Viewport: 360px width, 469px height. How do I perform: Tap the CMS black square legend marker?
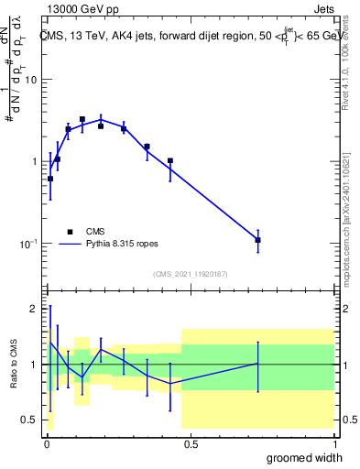(x=70, y=232)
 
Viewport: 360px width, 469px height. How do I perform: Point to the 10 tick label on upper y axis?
(x=30, y=80)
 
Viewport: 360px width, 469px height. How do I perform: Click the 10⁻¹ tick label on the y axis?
(x=28, y=244)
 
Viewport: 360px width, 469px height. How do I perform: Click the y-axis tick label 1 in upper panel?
(x=35, y=162)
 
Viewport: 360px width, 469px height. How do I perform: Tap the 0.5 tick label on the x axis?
(x=191, y=442)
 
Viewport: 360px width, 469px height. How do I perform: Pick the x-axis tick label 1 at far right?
(x=335, y=442)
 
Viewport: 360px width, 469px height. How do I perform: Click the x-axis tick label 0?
(x=47, y=442)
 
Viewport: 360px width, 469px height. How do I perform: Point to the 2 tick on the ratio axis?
(x=35, y=309)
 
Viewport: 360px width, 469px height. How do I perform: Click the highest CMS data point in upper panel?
(x=82, y=119)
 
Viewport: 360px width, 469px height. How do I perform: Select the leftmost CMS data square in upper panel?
(x=50, y=179)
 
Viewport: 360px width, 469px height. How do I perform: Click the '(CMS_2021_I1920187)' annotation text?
(x=191, y=274)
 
